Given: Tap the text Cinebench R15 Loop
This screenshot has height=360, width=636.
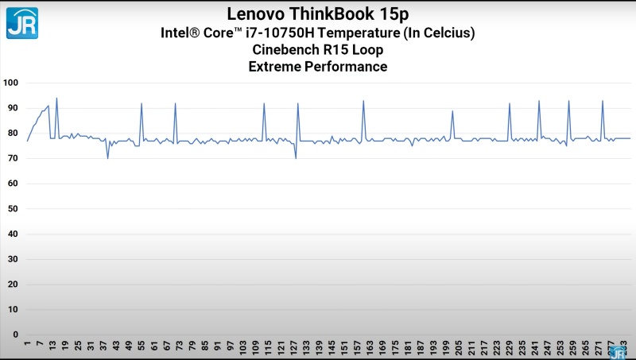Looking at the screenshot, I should (x=318, y=49).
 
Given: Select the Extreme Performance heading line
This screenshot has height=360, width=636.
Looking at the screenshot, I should (x=318, y=67).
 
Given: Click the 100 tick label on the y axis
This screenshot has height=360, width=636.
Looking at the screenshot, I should (x=10, y=83).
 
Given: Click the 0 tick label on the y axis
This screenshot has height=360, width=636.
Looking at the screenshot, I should (x=15, y=335).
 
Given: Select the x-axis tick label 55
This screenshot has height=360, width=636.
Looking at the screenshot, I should (x=142, y=347).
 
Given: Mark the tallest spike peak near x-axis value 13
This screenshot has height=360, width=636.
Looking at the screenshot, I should (x=56, y=99).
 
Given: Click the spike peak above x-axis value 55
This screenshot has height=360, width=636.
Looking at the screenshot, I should (x=142, y=103).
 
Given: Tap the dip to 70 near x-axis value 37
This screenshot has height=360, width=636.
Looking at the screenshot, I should (x=108, y=158).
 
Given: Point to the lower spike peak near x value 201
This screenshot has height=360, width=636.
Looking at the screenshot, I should (x=452, y=111).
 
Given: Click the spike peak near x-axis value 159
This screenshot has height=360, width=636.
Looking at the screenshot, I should (x=363, y=101).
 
